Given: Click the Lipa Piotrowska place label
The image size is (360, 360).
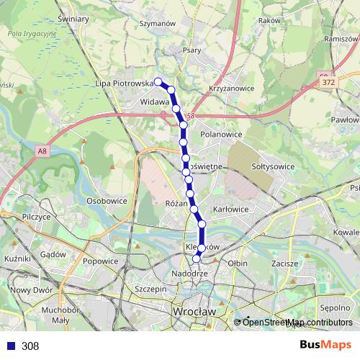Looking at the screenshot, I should (125, 84).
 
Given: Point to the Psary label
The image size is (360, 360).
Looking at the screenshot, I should (192, 50).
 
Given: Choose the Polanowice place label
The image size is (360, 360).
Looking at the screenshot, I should (221, 134).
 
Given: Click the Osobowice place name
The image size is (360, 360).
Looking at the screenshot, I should (107, 200).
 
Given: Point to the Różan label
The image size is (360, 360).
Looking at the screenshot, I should (176, 204).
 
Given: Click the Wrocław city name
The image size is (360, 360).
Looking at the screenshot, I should (194, 311).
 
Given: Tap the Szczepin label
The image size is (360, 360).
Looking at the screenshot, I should (150, 288).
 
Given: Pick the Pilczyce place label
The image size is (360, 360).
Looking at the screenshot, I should (35, 216).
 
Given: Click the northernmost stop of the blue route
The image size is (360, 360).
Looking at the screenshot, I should (157, 81).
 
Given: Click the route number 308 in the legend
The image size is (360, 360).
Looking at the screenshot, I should (30, 346).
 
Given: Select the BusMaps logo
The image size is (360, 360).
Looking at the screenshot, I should (325, 345).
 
